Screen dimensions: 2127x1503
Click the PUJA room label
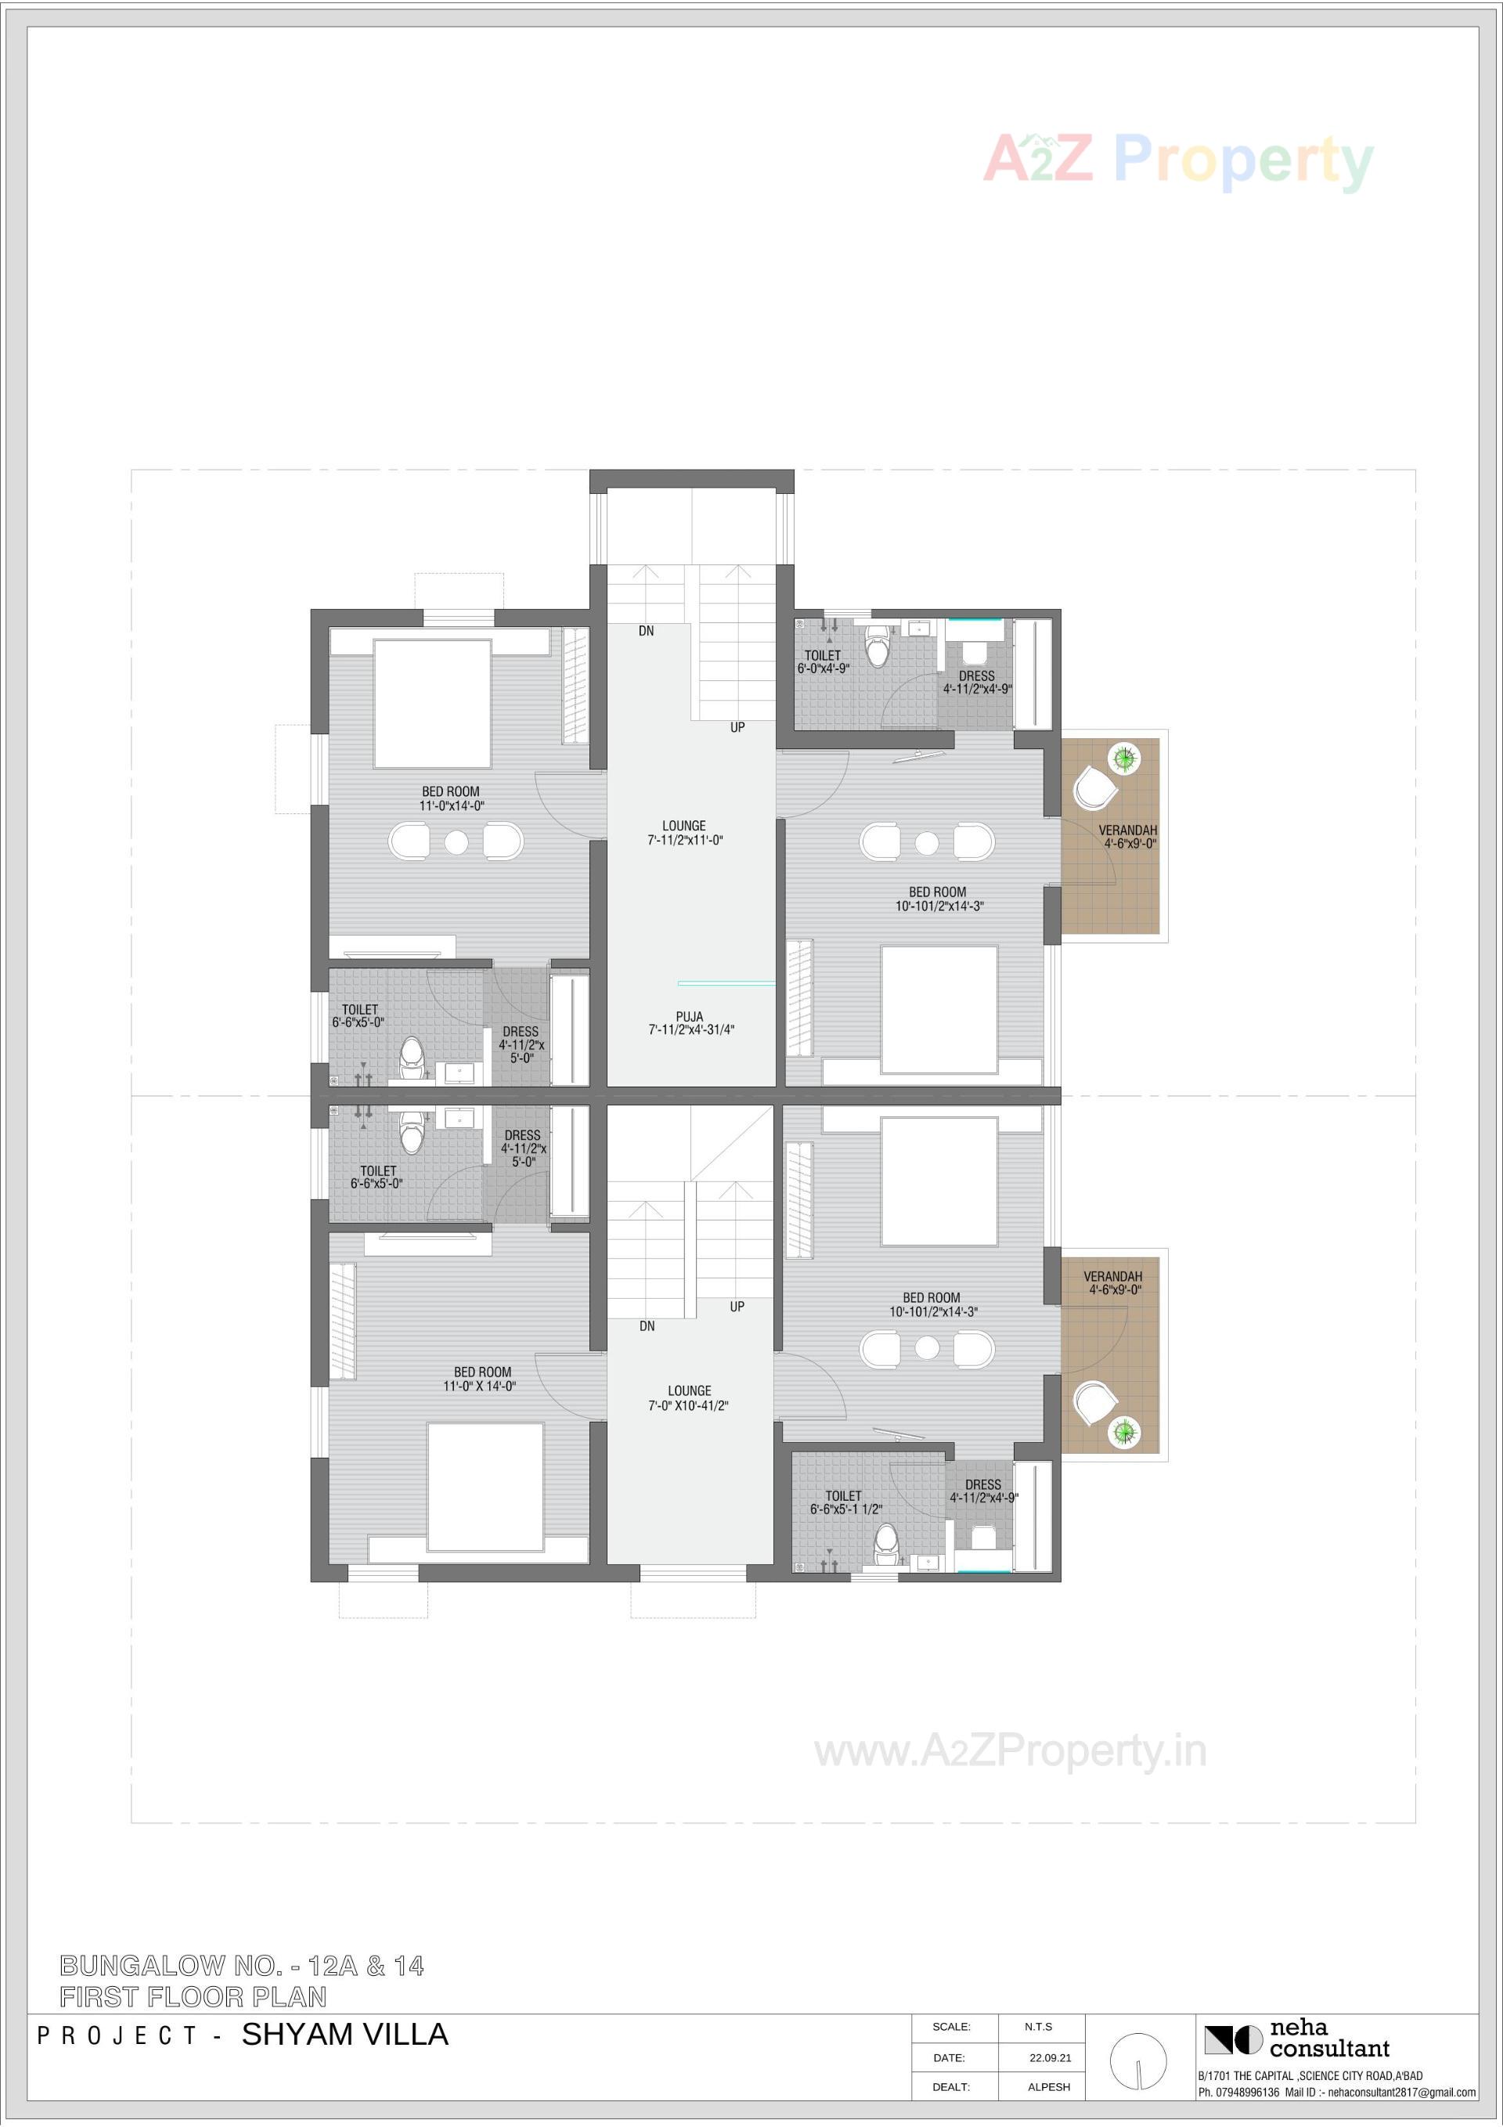(690, 1022)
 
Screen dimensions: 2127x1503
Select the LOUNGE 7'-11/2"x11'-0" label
(685, 832)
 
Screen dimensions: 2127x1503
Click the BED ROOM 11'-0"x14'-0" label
(451, 799)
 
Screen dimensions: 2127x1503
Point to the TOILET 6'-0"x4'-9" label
(823, 662)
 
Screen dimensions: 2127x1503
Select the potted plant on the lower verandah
(1124, 1431)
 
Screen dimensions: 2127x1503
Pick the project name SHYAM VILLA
(344, 2033)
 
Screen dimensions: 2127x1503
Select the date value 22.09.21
(1050, 2057)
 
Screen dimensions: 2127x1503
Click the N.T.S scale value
(1038, 2026)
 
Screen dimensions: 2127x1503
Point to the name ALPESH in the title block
(1049, 2086)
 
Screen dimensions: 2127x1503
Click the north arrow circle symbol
(1138, 2060)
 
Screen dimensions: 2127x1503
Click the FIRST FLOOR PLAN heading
(193, 1996)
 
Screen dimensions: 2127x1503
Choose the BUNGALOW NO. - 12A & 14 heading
(242, 1965)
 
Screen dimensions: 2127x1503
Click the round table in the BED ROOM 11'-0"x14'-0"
(456, 842)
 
